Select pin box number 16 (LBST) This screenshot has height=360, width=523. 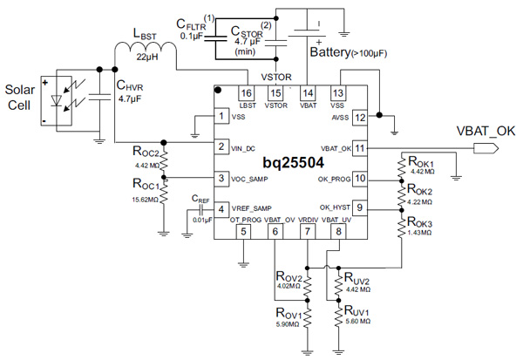(x=247, y=93)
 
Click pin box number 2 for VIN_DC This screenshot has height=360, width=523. (x=223, y=146)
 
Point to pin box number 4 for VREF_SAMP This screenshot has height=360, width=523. (x=223, y=208)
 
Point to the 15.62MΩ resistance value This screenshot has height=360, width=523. (x=143, y=200)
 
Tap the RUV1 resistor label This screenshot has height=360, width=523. (x=359, y=310)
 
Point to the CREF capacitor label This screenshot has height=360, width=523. (x=199, y=198)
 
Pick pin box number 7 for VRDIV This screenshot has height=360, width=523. (x=306, y=231)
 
